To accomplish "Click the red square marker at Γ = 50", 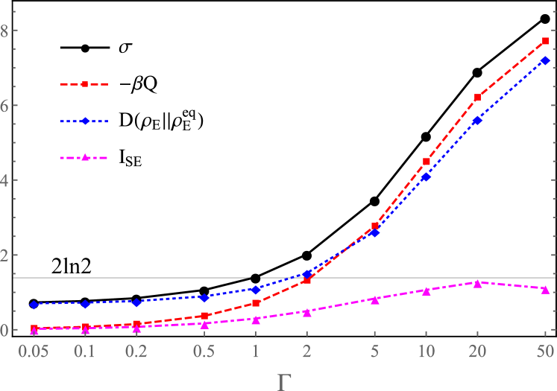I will click(545, 41).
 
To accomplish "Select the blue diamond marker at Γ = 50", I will click(545, 60).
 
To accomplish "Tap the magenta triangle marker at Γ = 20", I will click(477, 283).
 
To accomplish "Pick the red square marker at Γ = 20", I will click(477, 98).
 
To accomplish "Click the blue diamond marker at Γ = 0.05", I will click(34, 305).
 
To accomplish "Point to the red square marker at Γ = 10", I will click(427, 162).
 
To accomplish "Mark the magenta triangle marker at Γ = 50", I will click(545, 288).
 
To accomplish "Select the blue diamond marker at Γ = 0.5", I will click(204, 297).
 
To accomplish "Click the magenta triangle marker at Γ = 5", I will click(375, 299).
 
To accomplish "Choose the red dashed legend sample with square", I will click(84, 85).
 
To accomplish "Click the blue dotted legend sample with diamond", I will click(84, 121).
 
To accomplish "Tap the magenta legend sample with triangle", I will click(84, 157).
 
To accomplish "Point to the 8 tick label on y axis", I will click(5, 31).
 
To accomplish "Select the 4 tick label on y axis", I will click(5, 180).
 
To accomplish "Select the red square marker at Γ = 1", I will click(256, 303).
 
